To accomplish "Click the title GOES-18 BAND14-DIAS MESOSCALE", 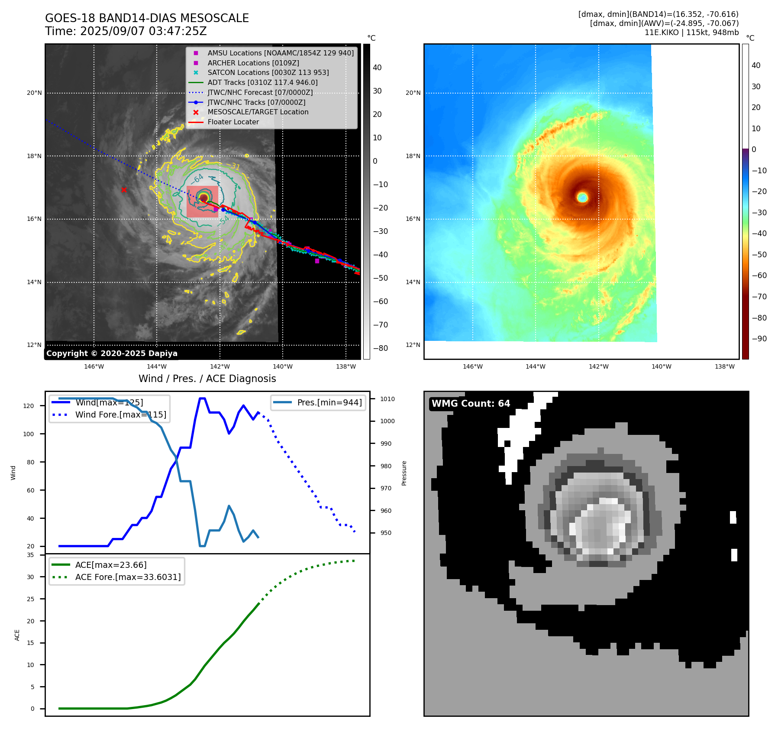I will [147, 18].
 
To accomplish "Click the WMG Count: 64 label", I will [471, 404].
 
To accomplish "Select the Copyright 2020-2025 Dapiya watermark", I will [112, 353].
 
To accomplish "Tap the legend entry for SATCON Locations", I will [268, 73].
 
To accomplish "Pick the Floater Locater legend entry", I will [233, 122].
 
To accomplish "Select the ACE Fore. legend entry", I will [128, 577].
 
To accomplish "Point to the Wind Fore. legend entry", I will [120, 415].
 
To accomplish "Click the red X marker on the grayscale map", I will [124, 190].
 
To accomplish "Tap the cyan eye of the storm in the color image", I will [582, 198].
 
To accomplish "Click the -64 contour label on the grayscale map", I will [197, 179].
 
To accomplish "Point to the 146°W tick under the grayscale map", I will [94, 366].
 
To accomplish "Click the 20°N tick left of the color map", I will [413, 93].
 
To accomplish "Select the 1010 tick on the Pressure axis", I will [387, 399].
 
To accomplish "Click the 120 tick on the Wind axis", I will [29, 406].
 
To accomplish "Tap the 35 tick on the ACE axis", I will [30, 555].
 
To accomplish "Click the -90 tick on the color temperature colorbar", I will [759, 339].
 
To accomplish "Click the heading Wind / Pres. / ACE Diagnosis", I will [207, 379].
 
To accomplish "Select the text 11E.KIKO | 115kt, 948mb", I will [691, 32].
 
